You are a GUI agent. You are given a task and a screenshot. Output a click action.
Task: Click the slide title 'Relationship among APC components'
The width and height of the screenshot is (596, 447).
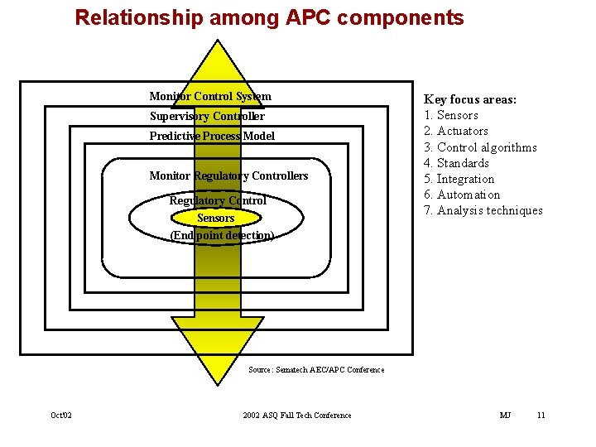pos(269,17)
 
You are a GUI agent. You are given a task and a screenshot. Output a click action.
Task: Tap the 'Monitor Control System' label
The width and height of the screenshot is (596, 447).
pos(210,96)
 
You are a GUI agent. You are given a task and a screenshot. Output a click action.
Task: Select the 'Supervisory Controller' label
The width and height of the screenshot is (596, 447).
pos(207,116)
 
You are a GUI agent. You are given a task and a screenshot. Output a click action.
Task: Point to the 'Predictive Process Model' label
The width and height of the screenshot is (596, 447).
pos(212,136)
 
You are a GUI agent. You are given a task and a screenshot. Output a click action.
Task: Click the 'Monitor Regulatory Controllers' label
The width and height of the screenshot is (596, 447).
pos(228,175)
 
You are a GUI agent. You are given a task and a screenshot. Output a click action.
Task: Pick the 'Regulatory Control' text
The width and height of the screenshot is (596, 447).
pos(218,200)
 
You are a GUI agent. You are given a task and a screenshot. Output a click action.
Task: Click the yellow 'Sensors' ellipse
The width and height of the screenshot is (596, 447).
pos(216,218)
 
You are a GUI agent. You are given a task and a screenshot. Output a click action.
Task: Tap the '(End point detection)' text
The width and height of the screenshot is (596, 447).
pos(221,235)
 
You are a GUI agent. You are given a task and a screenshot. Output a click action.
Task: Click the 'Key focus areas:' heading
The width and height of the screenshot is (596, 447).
pos(470,99)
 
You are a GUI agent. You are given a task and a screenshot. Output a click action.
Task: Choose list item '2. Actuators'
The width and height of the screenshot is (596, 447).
pos(456,131)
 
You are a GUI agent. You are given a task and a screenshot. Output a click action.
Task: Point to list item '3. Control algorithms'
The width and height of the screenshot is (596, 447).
pos(480,147)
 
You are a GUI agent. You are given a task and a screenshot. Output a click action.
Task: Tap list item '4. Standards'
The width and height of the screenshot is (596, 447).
pos(456,163)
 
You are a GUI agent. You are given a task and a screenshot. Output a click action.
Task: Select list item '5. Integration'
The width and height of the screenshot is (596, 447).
pos(459,179)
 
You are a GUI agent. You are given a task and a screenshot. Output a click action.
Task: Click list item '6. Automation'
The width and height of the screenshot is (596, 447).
pos(462,195)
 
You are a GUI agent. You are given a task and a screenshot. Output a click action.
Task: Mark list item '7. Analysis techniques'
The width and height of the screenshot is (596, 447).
pos(483,210)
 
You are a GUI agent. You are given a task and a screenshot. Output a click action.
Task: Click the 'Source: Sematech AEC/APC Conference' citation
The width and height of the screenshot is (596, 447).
pos(316,370)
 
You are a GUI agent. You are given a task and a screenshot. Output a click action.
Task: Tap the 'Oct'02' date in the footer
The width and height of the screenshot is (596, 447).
pos(61,416)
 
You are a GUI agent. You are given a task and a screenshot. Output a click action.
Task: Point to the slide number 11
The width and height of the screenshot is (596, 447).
pos(541,416)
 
